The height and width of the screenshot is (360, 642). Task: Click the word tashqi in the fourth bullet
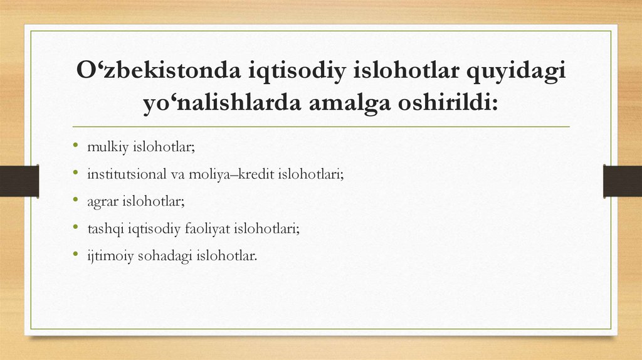coord(106,229)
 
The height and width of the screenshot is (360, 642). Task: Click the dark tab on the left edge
coord(19,181)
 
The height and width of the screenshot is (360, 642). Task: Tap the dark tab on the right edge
coord(622,181)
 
